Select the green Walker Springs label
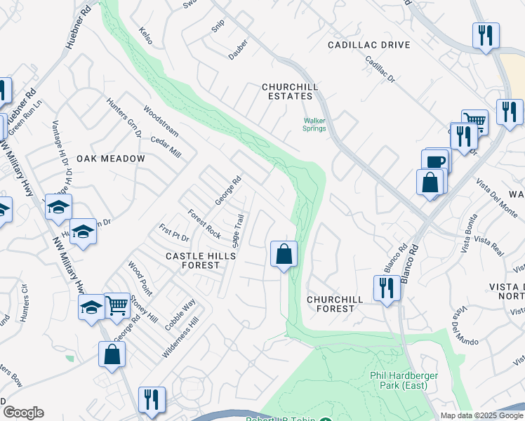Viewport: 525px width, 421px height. (x=314, y=124)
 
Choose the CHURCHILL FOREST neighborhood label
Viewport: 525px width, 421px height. (x=335, y=304)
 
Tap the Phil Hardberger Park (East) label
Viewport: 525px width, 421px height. (x=404, y=380)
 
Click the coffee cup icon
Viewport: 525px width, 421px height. (x=435, y=161)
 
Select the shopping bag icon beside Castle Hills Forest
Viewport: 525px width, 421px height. (x=284, y=253)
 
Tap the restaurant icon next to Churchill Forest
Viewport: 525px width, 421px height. (x=387, y=288)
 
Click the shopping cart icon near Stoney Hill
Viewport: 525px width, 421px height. (x=117, y=305)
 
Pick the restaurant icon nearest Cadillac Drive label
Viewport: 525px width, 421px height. (x=485, y=35)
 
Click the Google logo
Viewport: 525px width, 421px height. (x=23, y=413)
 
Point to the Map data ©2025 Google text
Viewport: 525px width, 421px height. (x=481, y=415)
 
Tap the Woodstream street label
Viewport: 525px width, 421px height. (x=161, y=121)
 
